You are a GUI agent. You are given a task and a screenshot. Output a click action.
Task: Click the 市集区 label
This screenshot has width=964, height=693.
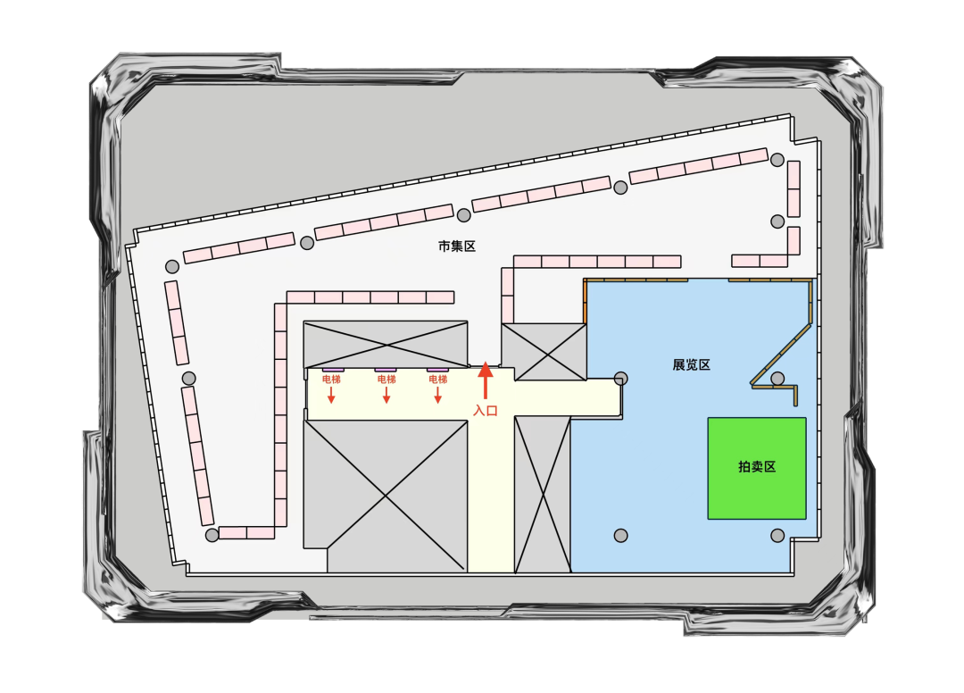(457, 246)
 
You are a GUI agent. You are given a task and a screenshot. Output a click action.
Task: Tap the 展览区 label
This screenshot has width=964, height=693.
(692, 365)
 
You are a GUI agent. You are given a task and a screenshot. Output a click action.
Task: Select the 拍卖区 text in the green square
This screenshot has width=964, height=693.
(757, 467)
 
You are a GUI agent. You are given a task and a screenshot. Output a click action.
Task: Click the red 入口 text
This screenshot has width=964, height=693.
(486, 411)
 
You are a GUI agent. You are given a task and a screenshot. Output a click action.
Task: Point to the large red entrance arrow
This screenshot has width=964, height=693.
(486, 380)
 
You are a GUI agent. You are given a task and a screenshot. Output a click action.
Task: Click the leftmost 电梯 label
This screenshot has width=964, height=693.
(331, 380)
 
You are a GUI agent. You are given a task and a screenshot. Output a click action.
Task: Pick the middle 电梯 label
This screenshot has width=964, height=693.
(386, 380)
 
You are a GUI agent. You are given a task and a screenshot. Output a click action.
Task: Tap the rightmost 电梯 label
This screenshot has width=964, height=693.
(437, 380)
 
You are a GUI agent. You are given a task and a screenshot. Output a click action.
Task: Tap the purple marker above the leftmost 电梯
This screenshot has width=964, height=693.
(333, 369)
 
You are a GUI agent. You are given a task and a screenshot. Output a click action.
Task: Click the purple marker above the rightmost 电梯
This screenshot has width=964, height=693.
(437, 369)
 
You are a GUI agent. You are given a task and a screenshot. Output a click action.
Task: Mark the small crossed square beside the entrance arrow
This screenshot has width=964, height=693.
(544, 351)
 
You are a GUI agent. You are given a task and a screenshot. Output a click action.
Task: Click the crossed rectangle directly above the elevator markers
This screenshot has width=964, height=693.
(386, 344)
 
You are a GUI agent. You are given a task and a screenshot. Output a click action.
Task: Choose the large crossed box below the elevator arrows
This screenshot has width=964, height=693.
(386, 496)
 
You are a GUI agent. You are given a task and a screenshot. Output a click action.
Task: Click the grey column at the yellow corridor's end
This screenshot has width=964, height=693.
(621, 379)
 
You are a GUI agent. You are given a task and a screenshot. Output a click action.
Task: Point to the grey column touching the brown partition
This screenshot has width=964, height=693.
(777, 379)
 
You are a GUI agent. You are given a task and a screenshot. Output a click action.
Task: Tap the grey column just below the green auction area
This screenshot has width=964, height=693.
(777, 535)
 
